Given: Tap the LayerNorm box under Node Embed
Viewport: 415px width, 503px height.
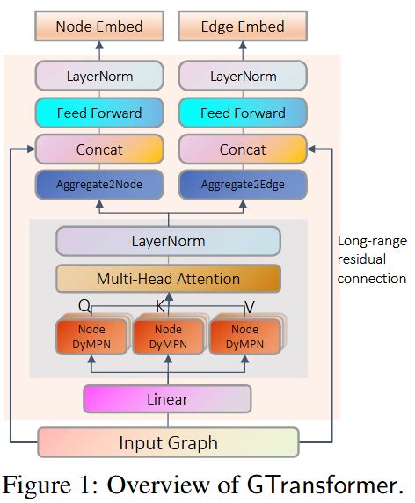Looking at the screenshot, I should (x=98, y=76).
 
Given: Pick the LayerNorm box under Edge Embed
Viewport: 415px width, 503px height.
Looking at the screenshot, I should (x=243, y=76).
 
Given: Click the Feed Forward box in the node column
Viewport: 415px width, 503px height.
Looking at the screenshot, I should (x=98, y=113).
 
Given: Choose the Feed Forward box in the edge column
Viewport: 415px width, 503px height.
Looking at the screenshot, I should (x=243, y=113).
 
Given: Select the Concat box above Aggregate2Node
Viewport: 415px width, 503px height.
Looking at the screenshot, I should (x=98, y=149).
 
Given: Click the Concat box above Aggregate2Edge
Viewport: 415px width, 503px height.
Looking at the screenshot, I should (x=243, y=149).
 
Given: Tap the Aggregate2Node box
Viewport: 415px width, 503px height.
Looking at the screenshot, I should (x=98, y=185).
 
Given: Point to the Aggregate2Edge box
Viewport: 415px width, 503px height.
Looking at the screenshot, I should (x=243, y=185).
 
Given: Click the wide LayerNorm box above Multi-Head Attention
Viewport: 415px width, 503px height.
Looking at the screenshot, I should (x=168, y=241).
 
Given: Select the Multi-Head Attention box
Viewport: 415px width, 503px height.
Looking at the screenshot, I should (x=168, y=279).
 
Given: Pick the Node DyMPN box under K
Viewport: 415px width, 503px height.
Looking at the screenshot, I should (x=167, y=338).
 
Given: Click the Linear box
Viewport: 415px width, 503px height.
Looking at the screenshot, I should (x=167, y=399).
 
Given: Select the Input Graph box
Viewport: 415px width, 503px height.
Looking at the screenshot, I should (x=168, y=442).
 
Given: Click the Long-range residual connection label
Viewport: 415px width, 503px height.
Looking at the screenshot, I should (x=372, y=259).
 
